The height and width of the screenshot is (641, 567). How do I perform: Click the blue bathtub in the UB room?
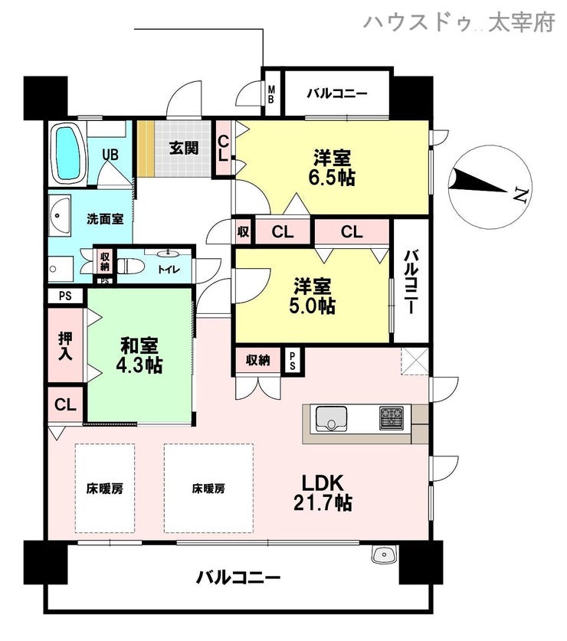point(68,154)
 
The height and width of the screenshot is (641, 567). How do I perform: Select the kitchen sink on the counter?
point(331,419)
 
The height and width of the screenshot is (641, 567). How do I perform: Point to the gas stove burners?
point(392,418)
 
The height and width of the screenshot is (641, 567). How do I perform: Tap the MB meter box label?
point(270,93)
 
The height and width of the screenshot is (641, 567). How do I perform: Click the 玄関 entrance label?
point(184,148)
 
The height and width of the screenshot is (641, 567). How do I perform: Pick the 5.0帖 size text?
point(312,306)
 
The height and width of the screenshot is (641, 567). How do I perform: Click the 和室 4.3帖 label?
point(139,355)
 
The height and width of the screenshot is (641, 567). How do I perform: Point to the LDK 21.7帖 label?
point(323,492)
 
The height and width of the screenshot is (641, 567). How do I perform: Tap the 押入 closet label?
point(65,345)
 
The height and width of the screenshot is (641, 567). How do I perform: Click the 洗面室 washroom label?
point(105,219)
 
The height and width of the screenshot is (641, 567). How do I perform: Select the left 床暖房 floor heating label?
point(105,489)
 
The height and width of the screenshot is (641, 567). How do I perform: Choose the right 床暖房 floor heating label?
point(208,488)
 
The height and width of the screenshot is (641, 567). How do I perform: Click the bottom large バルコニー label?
point(238,577)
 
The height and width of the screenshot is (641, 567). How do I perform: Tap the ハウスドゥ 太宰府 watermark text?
point(459,22)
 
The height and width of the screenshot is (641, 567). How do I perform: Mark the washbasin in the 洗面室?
point(60,214)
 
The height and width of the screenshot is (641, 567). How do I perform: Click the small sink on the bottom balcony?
point(384,554)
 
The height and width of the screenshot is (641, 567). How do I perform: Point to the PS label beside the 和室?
point(65,296)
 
